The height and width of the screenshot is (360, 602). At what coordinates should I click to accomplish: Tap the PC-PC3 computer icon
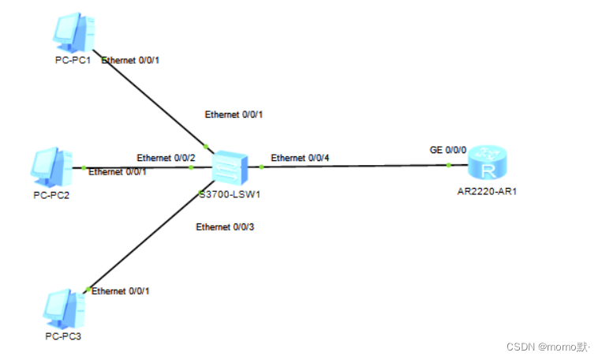click(x=63, y=309)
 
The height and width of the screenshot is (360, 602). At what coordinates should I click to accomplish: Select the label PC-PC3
click(x=62, y=337)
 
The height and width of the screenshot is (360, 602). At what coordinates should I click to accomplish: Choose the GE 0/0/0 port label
click(x=448, y=149)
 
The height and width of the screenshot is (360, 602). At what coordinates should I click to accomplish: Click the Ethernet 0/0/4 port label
click(x=301, y=158)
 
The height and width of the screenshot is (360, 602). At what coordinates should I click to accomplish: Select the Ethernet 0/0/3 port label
click(x=226, y=227)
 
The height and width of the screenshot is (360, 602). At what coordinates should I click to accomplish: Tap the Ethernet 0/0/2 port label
click(x=166, y=157)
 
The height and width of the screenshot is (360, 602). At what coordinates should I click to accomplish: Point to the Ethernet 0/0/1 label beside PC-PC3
click(x=121, y=291)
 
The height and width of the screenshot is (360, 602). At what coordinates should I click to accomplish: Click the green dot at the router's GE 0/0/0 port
click(x=448, y=165)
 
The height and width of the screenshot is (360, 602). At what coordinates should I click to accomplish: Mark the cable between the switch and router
click(x=355, y=166)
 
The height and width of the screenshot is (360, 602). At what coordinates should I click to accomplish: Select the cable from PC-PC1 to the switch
click(x=154, y=103)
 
